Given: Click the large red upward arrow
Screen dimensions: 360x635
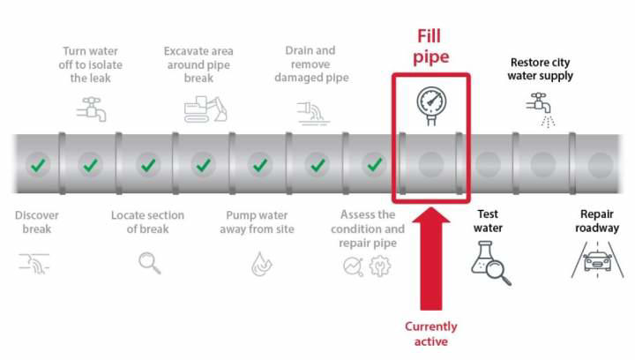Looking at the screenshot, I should click(x=431, y=260).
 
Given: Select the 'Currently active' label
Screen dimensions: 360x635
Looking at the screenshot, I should click(x=431, y=334).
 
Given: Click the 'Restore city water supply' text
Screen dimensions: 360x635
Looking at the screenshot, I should click(x=541, y=69).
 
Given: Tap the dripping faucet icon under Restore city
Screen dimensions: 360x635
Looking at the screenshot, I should click(x=540, y=109).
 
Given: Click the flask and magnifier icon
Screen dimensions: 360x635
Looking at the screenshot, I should click(x=490, y=264).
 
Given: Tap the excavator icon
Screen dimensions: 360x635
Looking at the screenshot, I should click(x=205, y=109).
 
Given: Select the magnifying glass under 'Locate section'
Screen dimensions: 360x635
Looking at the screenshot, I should click(x=150, y=263).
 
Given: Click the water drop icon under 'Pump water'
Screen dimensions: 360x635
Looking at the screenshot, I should click(x=261, y=263).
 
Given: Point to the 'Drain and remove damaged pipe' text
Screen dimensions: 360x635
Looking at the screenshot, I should click(x=311, y=64).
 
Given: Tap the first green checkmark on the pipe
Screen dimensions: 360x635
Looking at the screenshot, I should click(x=37, y=164).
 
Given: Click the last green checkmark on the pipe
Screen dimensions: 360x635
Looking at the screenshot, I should click(x=376, y=164).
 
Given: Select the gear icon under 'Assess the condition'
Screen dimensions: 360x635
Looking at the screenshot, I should click(x=380, y=265).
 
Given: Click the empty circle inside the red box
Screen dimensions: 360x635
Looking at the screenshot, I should click(x=431, y=164).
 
